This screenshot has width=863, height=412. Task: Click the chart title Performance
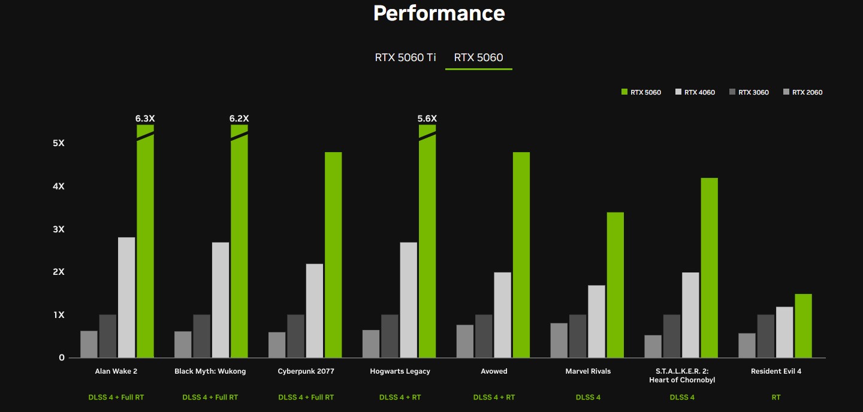(439, 13)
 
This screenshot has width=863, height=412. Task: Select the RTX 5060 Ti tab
(406, 57)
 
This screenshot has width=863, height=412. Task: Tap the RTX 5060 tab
(478, 57)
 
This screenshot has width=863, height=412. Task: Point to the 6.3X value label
(145, 119)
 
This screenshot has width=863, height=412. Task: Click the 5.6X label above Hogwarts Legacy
(427, 119)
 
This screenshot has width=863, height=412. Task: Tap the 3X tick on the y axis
(59, 229)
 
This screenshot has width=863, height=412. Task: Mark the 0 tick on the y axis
(61, 358)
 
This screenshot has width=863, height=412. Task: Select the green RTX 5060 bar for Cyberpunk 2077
(333, 255)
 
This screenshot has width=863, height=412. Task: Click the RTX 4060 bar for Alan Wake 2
(126, 297)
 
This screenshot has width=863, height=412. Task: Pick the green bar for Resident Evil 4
(803, 325)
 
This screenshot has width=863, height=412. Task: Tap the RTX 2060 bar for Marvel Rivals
(559, 340)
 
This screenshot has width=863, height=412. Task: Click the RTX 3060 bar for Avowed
(484, 336)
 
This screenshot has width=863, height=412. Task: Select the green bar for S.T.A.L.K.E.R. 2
(709, 268)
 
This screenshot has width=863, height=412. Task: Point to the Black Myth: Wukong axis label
(210, 371)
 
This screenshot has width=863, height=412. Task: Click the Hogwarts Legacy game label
(400, 371)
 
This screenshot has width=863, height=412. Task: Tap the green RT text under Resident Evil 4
(776, 397)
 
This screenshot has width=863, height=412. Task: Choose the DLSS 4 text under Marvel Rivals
(588, 397)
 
